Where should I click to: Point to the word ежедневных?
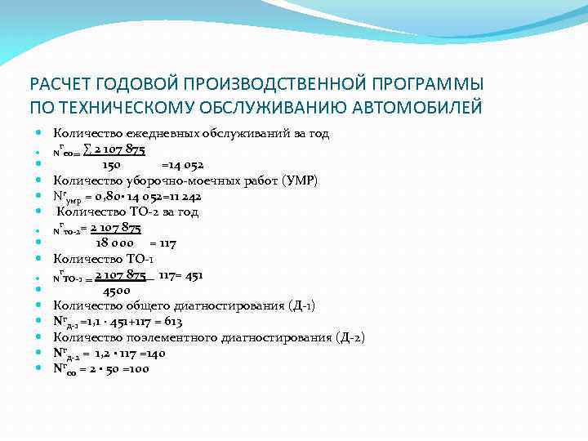click(x=164, y=133)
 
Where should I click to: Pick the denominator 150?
click(x=112, y=165)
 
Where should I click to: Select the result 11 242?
click(x=183, y=196)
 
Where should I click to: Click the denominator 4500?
click(x=116, y=290)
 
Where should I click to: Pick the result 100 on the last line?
click(x=138, y=368)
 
